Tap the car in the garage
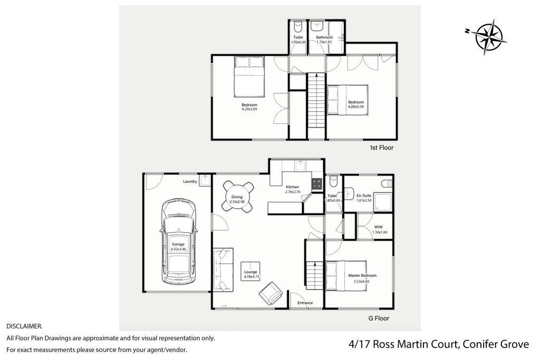[178, 241]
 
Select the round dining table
[237, 197]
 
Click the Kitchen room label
[292, 187]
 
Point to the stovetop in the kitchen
[317, 184]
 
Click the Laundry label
[190, 181]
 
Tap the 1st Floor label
[382, 148]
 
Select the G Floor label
[379, 318]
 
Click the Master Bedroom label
[362, 275]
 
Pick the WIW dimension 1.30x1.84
[380, 232]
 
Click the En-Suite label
[364, 196]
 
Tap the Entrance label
[305, 303]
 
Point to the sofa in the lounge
[223, 269]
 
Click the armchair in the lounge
[271, 293]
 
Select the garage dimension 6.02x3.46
[178, 248]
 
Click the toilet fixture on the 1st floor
[298, 26]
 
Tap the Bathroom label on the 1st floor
[324, 37]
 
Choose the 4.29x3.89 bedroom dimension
[249, 109]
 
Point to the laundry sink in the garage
[205, 180]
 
